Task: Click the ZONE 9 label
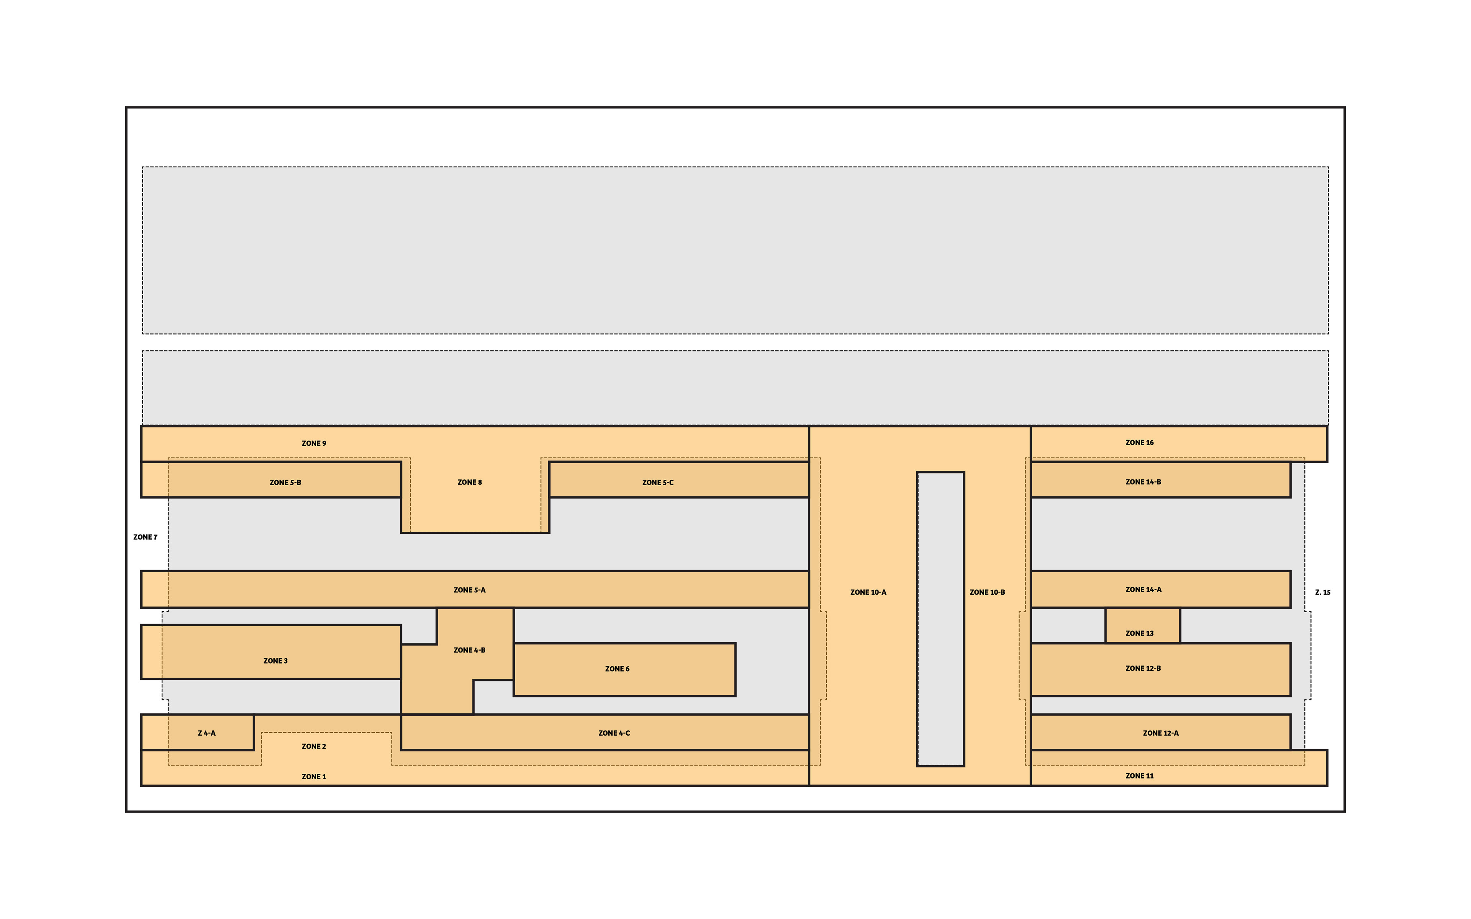(x=314, y=443)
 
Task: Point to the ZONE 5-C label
(x=658, y=482)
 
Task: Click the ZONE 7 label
(x=145, y=537)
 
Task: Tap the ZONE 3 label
(x=275, y=661)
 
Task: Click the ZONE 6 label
(x=617, y=669)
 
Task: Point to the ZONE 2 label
(x=314, y=746)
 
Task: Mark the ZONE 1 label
(x=314, y=776)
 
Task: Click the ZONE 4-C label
(x=614, y=733)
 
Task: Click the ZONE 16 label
(x=1139, y=443)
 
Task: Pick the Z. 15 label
(x=1323, y=592)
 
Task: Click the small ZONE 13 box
(x=1143, y=625)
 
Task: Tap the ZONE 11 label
(x=1139, y=775)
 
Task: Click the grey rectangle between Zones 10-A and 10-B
(x=940, y=619)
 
